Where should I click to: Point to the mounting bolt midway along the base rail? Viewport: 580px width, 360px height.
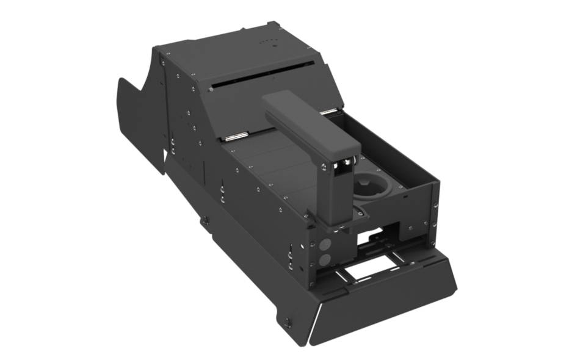[x=206, y=220]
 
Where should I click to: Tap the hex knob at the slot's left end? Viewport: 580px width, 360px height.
[x=211, y=89]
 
